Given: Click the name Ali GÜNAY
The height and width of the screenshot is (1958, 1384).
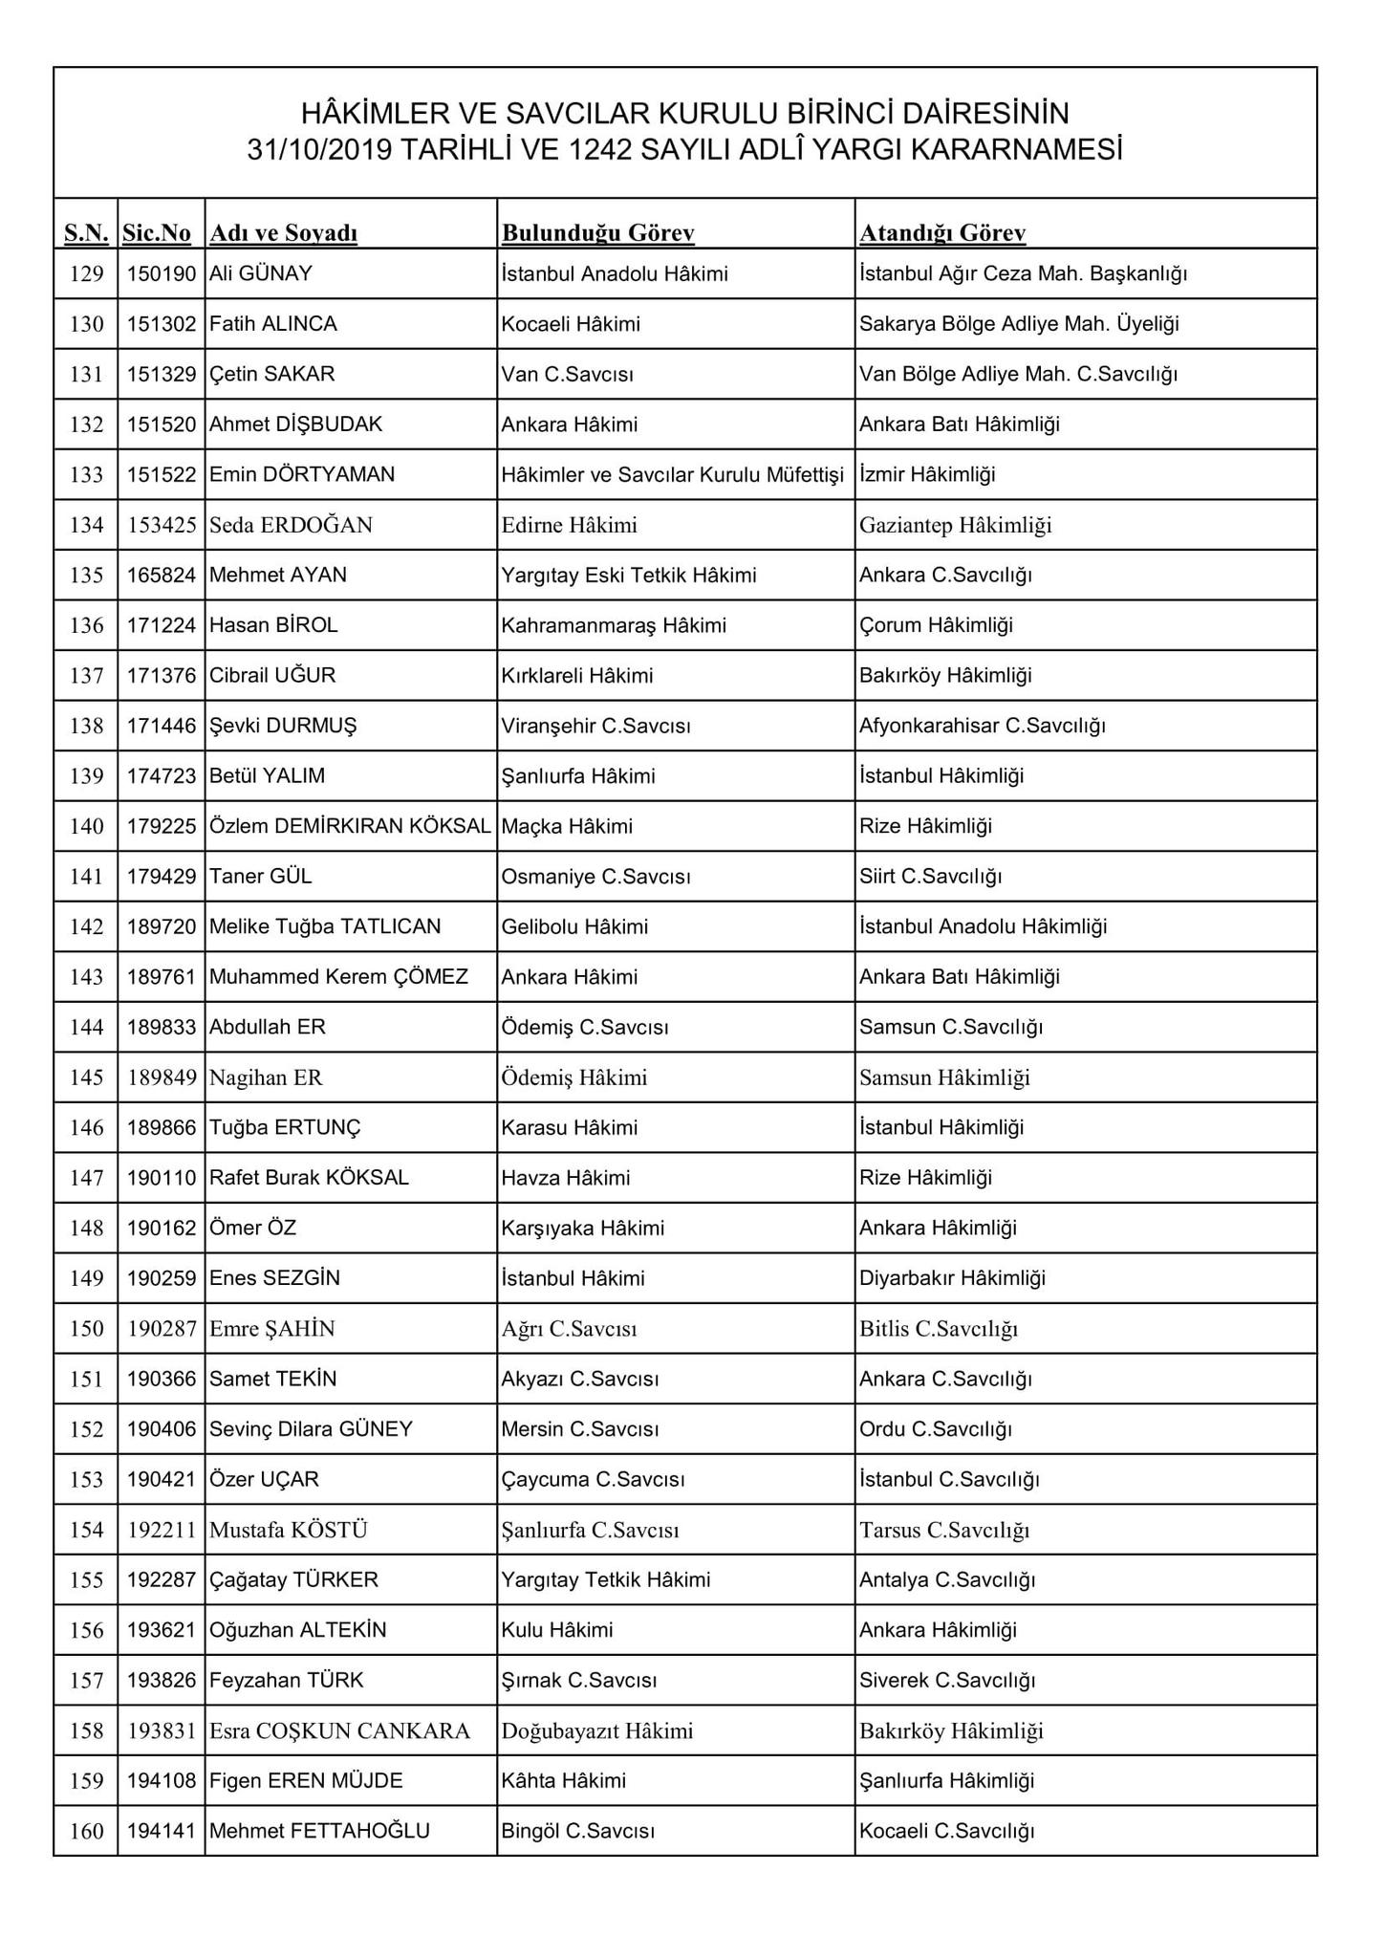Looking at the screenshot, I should point(261,274).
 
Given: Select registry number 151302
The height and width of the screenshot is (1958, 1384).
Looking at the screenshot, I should point(162,324).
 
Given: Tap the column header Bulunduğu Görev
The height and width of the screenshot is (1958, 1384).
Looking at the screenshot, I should point(597,233).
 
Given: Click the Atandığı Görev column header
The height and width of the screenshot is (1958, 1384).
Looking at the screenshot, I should point(942,233).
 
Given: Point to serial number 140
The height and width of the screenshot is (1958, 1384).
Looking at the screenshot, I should point(87,827).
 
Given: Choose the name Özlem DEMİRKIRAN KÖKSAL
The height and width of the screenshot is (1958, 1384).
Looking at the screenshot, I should point(350,827).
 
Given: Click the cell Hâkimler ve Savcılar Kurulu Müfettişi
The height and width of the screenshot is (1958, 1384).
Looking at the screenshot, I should point(672,475).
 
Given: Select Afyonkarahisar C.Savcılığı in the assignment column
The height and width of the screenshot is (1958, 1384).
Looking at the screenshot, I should point(982,727).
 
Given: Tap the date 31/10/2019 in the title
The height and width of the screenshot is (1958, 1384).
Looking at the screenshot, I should point(319,150).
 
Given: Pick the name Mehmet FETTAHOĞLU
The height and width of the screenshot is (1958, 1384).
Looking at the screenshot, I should point(319,1832).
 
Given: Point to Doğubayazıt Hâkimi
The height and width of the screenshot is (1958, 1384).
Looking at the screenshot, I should point(597,1731).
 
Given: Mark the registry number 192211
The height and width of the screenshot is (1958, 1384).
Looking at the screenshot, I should point(162,1531).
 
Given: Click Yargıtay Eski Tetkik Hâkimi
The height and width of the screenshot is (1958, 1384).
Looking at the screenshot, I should point(628,576).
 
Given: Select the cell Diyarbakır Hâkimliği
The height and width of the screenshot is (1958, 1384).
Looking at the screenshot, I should point(952,1279).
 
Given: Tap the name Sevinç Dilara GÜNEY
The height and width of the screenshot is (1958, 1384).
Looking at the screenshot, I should point(311,1430).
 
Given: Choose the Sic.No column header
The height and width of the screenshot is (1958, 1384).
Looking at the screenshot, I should point(157,233).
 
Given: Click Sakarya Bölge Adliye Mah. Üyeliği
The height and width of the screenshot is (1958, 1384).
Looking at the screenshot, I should point(1019,324).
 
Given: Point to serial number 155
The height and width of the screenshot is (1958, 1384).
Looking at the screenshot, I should point(87,1580).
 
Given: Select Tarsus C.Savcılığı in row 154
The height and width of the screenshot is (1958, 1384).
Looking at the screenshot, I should point(943,1531).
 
